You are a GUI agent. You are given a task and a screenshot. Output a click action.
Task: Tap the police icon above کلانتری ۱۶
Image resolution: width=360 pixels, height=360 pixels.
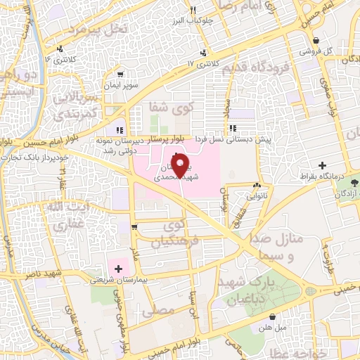click(x=63, y=49)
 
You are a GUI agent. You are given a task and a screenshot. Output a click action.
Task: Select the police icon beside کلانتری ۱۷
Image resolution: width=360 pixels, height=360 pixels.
click(x=204, y=53)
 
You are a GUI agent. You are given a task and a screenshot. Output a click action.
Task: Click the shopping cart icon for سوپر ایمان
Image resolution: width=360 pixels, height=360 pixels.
click(x=120, y=73)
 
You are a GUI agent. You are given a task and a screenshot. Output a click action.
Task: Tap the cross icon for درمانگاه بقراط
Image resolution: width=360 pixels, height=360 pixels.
click(x=322, y=165)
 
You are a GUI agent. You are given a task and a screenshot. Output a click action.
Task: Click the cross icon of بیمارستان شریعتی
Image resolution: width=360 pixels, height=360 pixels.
click(x=118, y=268)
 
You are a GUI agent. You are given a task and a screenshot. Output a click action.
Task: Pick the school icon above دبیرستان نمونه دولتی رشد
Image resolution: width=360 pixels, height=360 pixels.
click(x=120, y=129)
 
